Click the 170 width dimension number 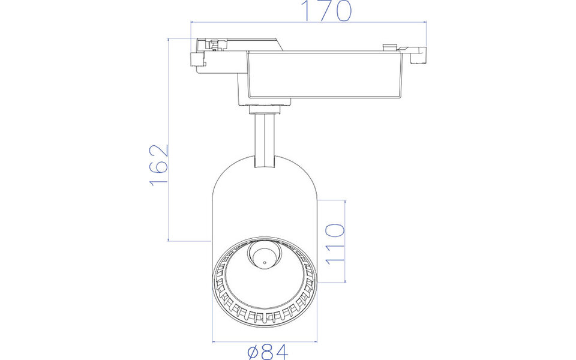tap(326, 11)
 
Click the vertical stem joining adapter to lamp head tap(264, 138)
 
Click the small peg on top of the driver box tap(389, 46)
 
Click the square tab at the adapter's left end tap(197, 61)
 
